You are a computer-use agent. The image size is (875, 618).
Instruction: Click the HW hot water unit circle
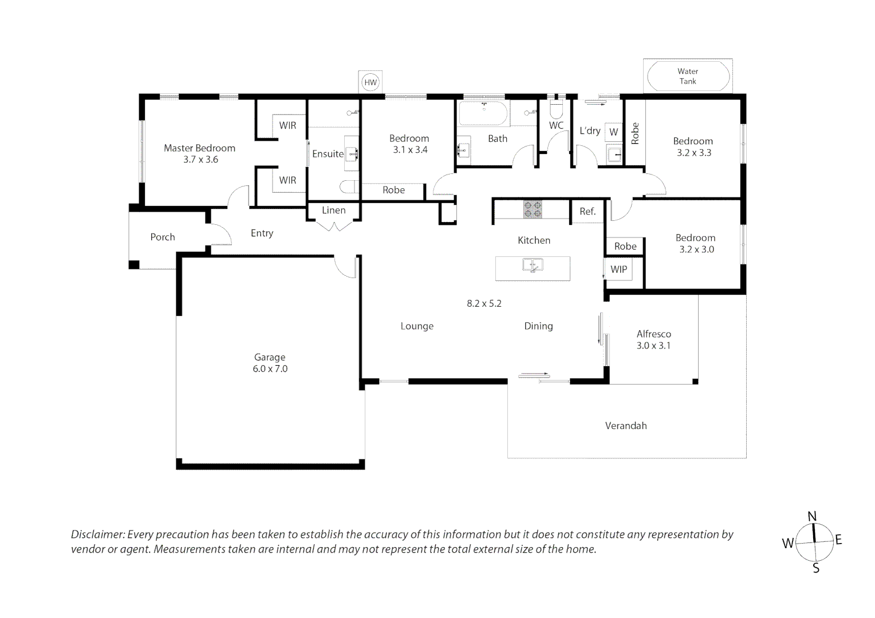pyautogui.click(x=371, y=82)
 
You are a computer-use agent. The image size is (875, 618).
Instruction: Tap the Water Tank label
pyautogui.click(x=688, y=76)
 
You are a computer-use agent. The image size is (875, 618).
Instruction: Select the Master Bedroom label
pyautogui.click(x=200, y=148)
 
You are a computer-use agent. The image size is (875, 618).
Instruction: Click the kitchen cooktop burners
pyautogui.click(x=533, y=209)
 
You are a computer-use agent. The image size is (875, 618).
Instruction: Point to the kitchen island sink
pyautogui.click(x=533, y=265)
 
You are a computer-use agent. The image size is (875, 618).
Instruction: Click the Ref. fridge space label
pyautogui.click(x=588, y=212)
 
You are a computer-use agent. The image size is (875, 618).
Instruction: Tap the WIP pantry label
pyautogui.click(x=619, y=270)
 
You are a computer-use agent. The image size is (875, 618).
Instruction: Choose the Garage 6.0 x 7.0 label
pyautogui.click(x=270, y=363)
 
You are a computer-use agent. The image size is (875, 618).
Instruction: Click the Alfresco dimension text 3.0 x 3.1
pyautogui.click(x=653, y=346)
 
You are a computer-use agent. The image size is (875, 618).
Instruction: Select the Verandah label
pyautogui.click(x=626, y=426)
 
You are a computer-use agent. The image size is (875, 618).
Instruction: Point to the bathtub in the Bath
pyautogui.click(x=483, y=114)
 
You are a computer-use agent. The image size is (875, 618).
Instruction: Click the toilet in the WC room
pyautogui.click(x=556, y=110)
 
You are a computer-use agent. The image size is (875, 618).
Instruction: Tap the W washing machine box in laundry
pyautogui.click(x=614, y=132)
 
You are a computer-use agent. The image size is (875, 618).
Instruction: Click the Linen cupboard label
pyautogui.click(x=334, y=211)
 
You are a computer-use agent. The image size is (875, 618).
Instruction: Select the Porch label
pyautogui.click(x=163, y=237)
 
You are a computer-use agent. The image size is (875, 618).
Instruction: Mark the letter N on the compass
pyautogui.click(x=812, y=517)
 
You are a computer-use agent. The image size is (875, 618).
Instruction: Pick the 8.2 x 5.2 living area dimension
pyautogui.click(x=484, y=303)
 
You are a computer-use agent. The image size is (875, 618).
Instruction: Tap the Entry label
pyautogui.click(x=262, y=233)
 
